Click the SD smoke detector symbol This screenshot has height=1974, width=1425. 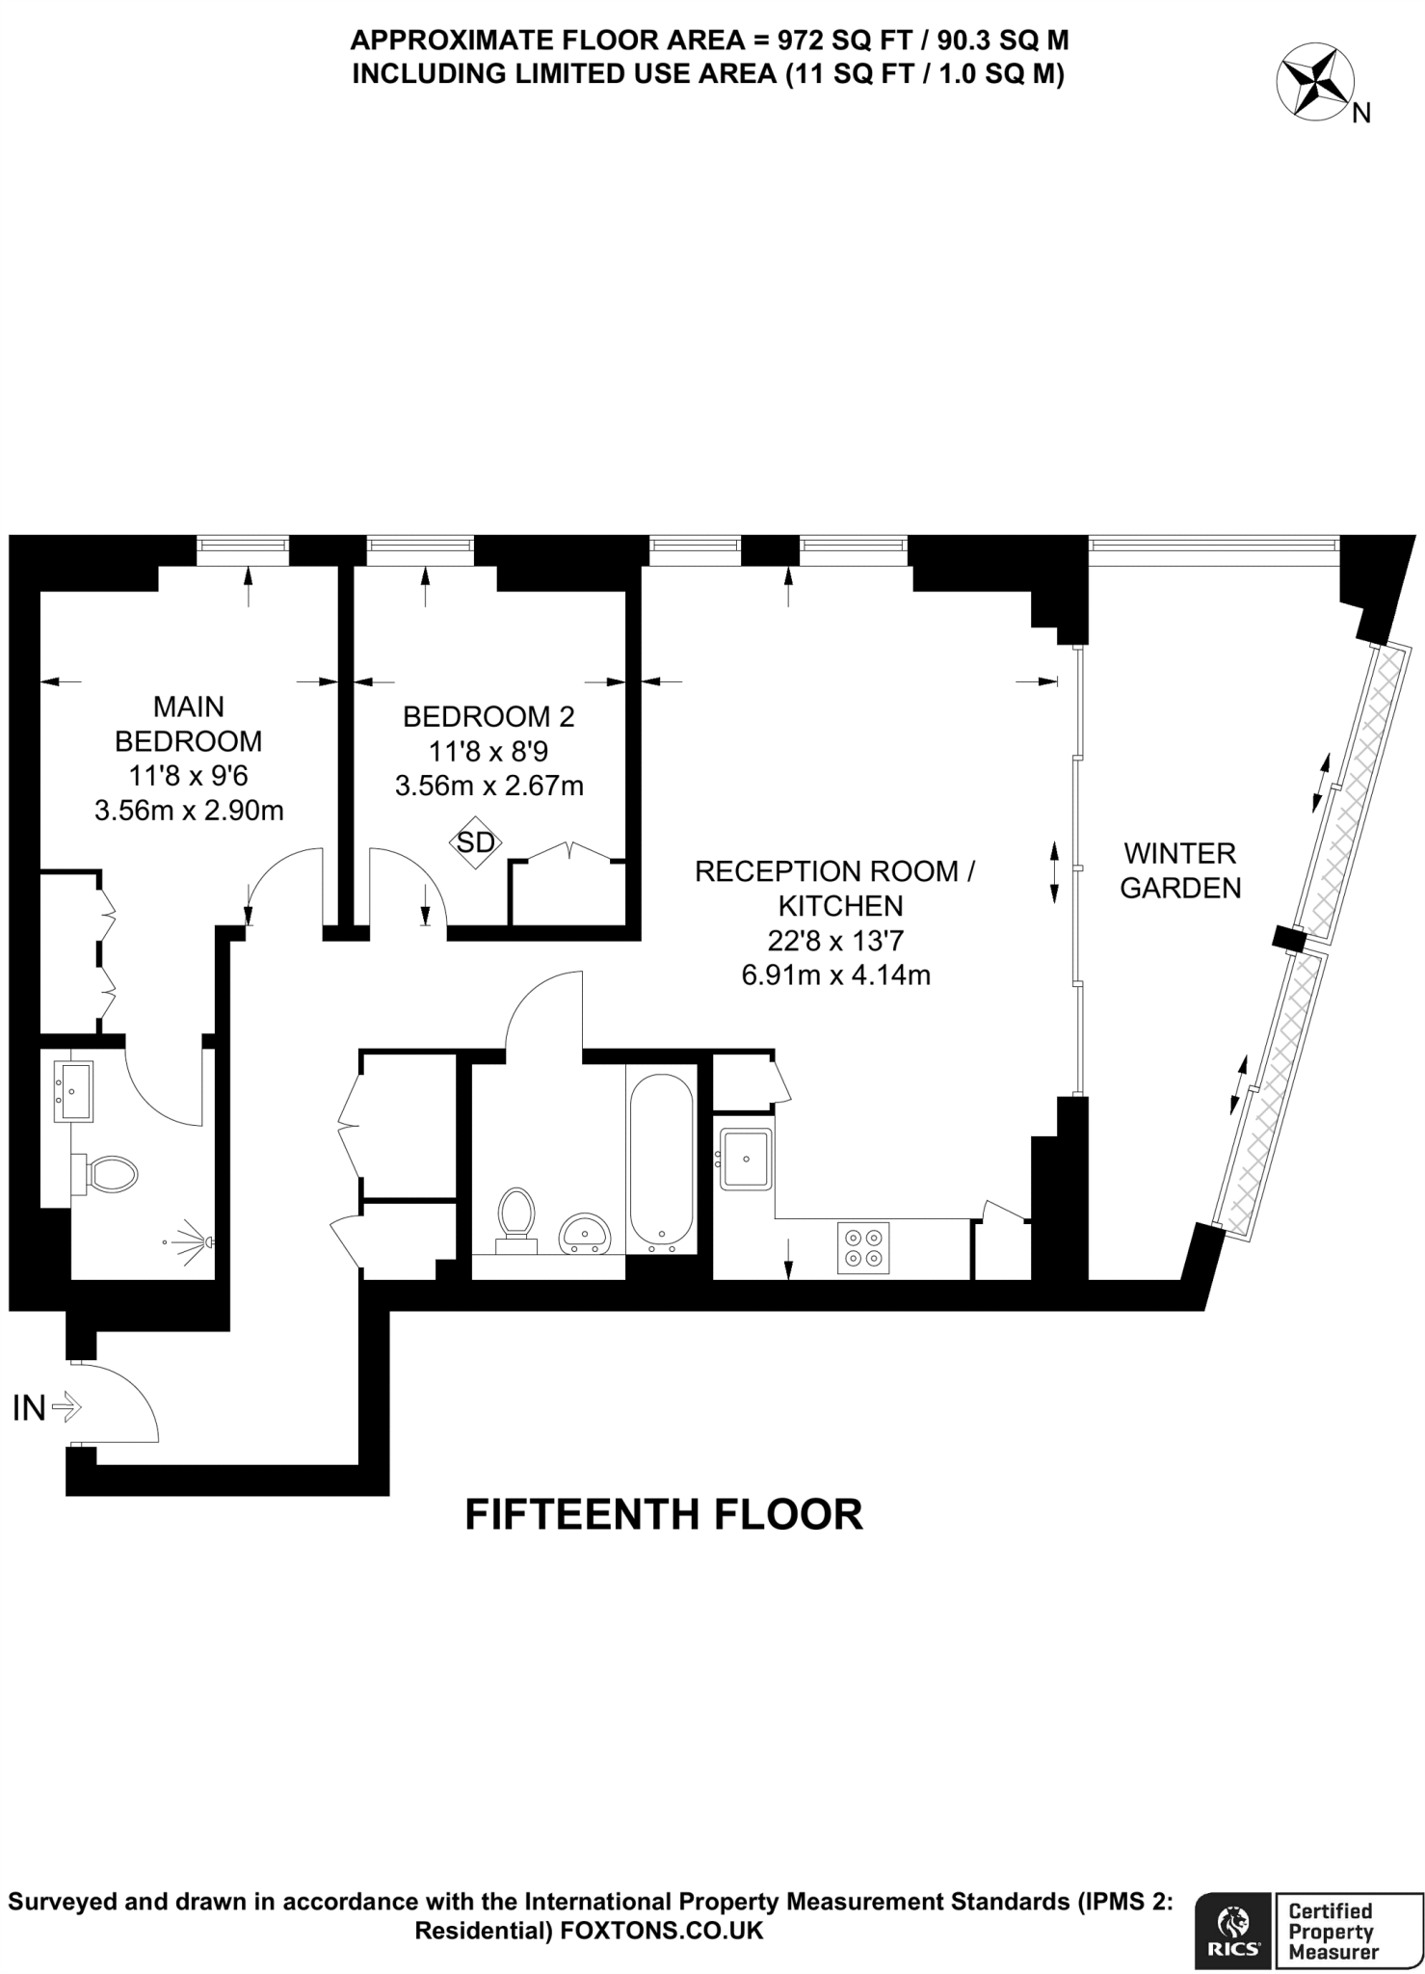pyautogui.click(x=475, y=842)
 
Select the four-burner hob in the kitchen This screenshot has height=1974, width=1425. pyautogui.click(x=863, y=1247)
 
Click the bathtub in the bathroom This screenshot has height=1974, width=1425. pyautogui.click(x=661, y=1159)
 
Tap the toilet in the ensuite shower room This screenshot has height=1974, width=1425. pyautogui.click(x=110, y=1175)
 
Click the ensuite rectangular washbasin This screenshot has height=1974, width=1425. pyautogui.click(x=72, y=1091)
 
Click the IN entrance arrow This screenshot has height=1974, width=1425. pyautogui.click(x=66, y=1408)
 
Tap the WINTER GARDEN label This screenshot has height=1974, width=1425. pyautogui.click(x=1180, y=869)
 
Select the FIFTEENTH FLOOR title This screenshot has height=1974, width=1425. pyautogui.click(x=664, y=1513)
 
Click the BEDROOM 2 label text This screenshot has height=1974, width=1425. pyautogui.click(x=488, y=716)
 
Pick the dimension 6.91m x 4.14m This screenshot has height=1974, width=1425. pyautogui.click(x=835, y=974)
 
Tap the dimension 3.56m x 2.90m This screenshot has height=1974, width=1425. pyautogui.click(x=189, y=811)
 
